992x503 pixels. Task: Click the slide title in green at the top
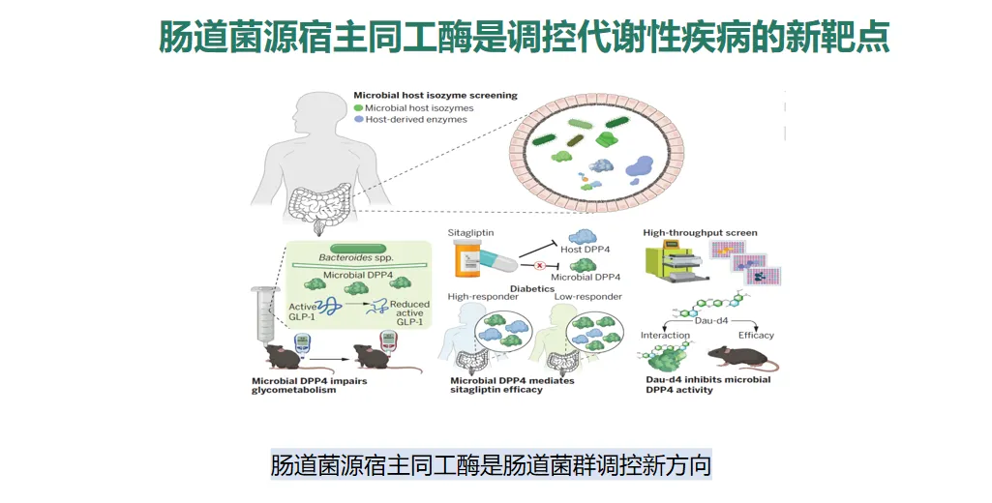point(524,39)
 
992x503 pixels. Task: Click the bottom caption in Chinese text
point(491,465)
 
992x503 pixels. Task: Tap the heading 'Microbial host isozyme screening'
point(435,96)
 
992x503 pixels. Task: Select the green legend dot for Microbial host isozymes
point(358,108)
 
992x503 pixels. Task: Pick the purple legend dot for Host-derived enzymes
point(358,120)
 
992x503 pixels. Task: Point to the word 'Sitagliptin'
point(471,234)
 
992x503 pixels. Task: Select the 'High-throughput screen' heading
point(700,233)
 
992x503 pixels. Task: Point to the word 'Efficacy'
point(756,336)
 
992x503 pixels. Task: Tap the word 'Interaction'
point(665,336)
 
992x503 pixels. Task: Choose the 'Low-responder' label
point(587,297)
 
